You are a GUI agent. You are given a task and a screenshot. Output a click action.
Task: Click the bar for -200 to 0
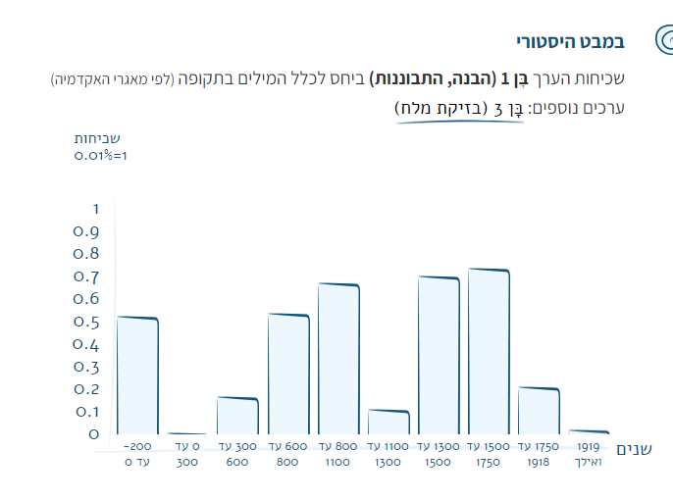pyautogui.click(x=137, y=376)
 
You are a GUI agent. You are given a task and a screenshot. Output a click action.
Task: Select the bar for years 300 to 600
pyautogui.click(x=237, y=416)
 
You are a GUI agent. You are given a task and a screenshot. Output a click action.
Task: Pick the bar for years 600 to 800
pyautogui.click(x=288, y=375)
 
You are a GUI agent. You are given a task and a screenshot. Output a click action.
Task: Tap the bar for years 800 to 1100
pyautogui.click(x=338, y=359)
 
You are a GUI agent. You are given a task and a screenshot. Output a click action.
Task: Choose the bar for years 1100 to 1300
pyautogui.click(x=388, y=423)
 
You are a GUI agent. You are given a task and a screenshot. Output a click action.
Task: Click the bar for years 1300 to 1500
pyautogui.click(x=439, y=356)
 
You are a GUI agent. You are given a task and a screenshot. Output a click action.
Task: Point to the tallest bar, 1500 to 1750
pyautogui.click(x=489, y=351)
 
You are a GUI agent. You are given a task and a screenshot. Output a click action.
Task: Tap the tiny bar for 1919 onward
pyautogui.click(x=589, y=431)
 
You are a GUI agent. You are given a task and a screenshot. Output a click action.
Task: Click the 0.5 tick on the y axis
pyautogui.click(x=86, y=323)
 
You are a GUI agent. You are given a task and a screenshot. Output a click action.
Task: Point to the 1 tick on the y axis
pyautogui.click(x=95, y=209)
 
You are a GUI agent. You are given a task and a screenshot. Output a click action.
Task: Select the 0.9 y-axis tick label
pyautogui.click(x=86, y=232)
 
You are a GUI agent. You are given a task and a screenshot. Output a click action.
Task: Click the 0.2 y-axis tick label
pyautogui.click(x=86, y=389)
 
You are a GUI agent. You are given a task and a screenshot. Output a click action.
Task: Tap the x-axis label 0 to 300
pyautogui.click(x=187, y=454)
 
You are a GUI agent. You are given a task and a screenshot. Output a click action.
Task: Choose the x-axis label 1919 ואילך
pyautogui.click(x=589, y=454)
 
